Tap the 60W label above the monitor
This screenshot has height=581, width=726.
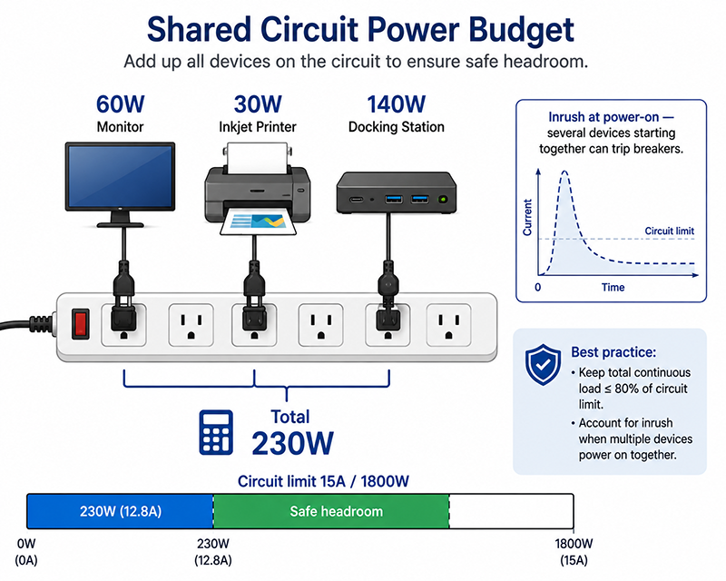pyautogui.click(x=121, y=103)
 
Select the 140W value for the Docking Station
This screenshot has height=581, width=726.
pyautogui.click(x=396, y=103)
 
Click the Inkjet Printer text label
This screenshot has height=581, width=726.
pyautogui.click(x=258, y=127)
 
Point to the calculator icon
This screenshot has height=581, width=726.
pyautogui.click(x=216, y=432)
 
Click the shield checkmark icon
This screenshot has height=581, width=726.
pyautogui.click(x=543, y=364)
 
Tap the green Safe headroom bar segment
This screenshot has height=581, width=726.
pyautogui.click(x=331, y=511)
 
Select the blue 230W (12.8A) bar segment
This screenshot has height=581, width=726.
pyautogui.click(x=120, y=511)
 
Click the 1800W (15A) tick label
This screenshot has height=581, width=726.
pyautogui.click(x=574, y=552)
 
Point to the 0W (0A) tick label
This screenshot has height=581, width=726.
pyautogui.click(x=26, y=552)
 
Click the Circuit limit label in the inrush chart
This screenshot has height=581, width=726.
pyautogui.click(x=669, y=231)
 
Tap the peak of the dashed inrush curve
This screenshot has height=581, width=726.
pyautogui.click(x=564, y=172)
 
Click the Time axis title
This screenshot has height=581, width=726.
pyautogui.click(x=613, y=287)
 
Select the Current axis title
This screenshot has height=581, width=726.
pyautogui.click(x=527, y=217)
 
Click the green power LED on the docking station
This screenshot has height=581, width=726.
pyautogui.click(x=443, y=199)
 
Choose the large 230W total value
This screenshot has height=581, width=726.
pyautogui.click(x=292, y=443)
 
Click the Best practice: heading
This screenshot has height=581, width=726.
pyautogui.click(x=613, y=352)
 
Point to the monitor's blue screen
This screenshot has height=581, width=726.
pyautogui.click(x=120, y=175)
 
